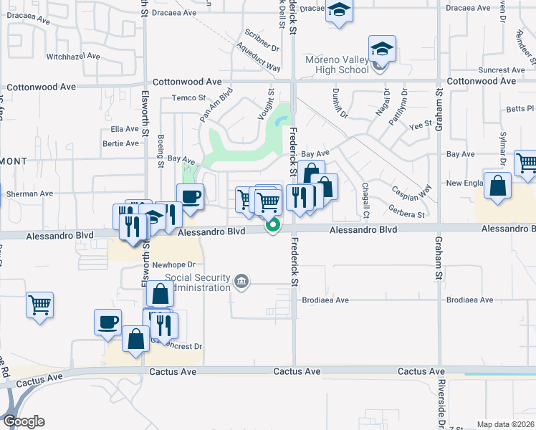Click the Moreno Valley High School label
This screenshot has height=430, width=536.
(x=336, y=64)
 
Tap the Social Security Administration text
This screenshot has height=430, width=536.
(x=198, y=282)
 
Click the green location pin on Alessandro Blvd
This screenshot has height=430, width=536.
(x=272, y=226)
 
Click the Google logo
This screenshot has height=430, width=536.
(x=23, y=421)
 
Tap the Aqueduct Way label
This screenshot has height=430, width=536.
(x=259, y=59)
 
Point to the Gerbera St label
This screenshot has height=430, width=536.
(x=407, y=214)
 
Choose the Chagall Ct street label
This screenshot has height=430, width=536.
(x=365, y=200)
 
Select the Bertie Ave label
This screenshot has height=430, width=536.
(x=121, y=143)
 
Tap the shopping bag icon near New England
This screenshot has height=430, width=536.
(x=497, y=186)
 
